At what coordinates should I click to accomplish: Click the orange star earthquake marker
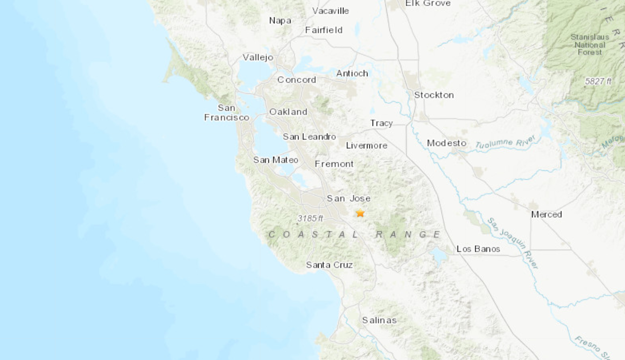(x=360, y=213)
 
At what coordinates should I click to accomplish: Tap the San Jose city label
(x=349, y=198)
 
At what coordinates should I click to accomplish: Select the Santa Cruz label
(x=329, y=265)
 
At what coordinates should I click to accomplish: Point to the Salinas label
(x=379, y=320)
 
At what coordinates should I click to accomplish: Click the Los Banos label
(x=478, y=249)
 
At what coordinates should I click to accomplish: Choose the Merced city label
(x=546, y=214)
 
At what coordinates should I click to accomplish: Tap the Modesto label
(x=447, y=143)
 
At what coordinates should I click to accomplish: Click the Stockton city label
(x=434, y=95)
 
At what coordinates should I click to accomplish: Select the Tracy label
(x=381, y=123)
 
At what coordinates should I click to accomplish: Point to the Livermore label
(x=366, y=146)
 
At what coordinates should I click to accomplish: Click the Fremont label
(x=334, y=164)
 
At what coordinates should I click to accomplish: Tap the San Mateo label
(x=275, y=160)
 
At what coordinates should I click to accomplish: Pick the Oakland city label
(x=288, y=112)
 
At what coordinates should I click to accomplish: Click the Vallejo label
(x=258, y=57)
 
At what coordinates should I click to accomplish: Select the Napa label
(x=280, y=20)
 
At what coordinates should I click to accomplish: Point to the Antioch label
(x=352, y=73)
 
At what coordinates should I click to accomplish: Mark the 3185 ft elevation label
(x=310, y=218)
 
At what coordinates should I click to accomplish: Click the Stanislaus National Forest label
(x=590, y=45)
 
